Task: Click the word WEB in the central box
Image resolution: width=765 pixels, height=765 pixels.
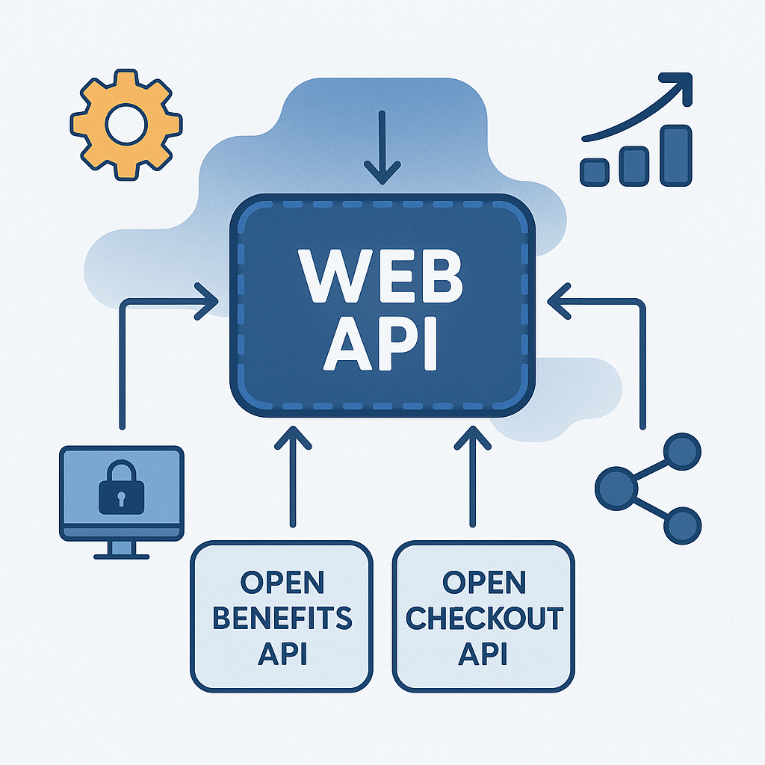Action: tap(382, 276)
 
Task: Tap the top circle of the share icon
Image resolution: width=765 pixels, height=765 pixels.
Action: tap(681, 453)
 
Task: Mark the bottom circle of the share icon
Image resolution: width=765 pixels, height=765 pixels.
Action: tap(681, 526)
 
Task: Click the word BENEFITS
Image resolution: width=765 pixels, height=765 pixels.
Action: tap(282, 618)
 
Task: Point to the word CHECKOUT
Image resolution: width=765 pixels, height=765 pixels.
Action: tap(483, 618)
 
